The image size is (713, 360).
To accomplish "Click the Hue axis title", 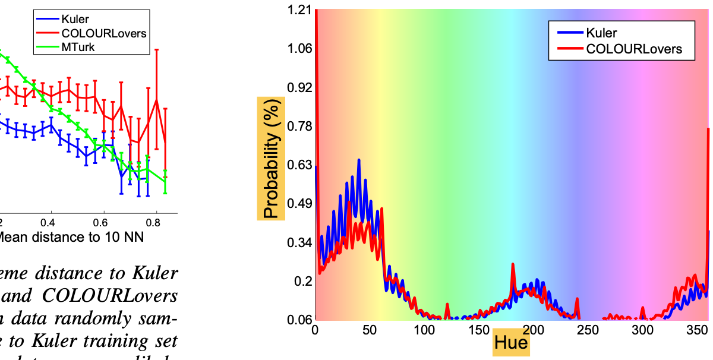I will (510, 343).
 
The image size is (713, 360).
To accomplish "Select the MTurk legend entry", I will (78, 47).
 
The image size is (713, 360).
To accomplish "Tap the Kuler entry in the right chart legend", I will (601, 33).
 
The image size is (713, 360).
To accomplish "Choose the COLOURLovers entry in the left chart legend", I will (103, 33).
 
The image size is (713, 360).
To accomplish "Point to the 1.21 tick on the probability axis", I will (299, 10).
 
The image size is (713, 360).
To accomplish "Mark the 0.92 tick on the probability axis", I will (299, 87).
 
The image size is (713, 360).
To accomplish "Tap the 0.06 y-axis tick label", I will (299, 320).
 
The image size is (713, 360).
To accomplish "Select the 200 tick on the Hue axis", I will (533, 330).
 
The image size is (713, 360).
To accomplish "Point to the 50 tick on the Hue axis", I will (370, 330).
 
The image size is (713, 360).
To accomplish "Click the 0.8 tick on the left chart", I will (156, 223).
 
